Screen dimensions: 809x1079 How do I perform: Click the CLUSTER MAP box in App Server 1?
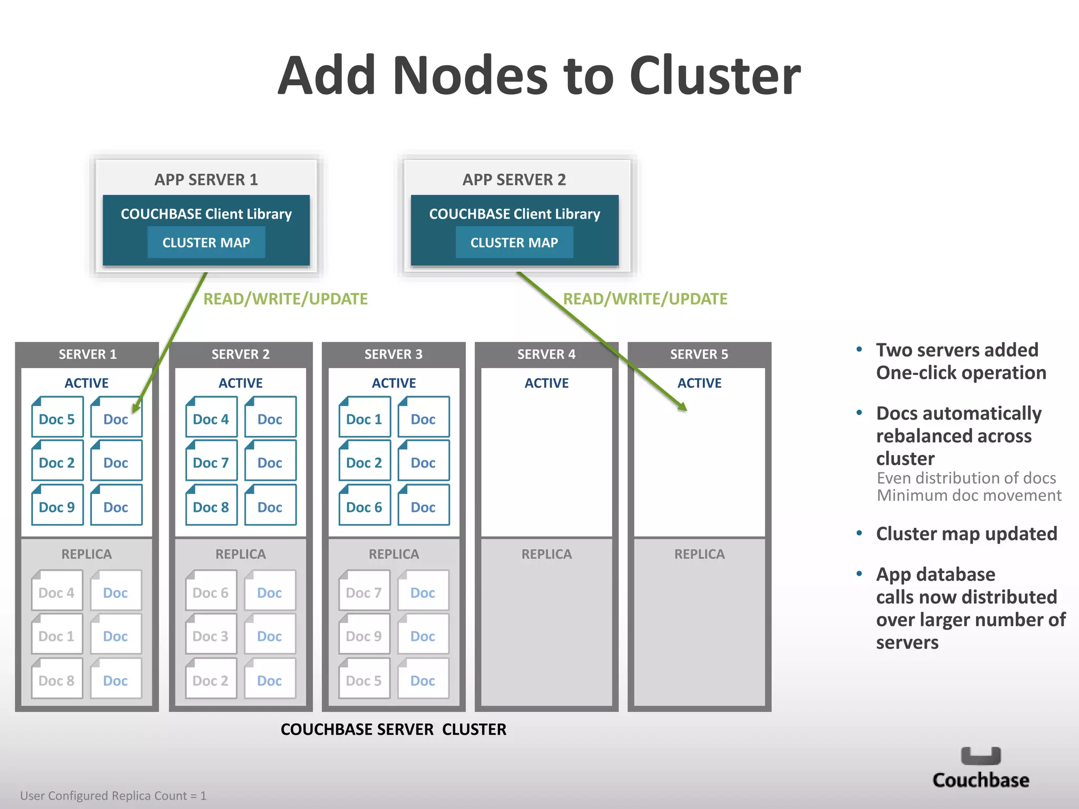[206, 242]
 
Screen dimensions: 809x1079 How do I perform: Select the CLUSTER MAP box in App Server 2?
[514, 242]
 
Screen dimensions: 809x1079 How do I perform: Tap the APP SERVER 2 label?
[514, 180]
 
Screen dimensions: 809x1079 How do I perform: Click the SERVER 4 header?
[546, 354]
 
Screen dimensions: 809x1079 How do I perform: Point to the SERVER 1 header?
[87, 354]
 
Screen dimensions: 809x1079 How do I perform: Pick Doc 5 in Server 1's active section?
[57, 419]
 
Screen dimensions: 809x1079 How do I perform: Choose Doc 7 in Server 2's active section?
[211, 462]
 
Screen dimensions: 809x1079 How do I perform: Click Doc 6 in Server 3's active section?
[364, 507]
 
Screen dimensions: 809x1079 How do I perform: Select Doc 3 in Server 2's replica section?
[211, 636]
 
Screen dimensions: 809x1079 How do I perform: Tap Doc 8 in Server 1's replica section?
[57, 680]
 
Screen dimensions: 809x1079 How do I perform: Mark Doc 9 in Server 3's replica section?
[364, 636]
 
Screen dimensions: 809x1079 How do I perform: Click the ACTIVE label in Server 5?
[699, 383]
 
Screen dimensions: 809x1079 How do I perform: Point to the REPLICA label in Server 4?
[546, 554]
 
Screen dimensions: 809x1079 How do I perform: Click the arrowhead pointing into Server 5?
[683, 407]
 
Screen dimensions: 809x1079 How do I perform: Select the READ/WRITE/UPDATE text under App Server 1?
[286, 299]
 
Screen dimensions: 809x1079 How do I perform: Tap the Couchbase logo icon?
[980, 756]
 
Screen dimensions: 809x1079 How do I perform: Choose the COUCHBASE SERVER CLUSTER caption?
[393, 729]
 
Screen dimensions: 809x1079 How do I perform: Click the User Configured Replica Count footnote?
[113, 795]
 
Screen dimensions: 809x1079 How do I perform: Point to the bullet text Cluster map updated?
[966, 534]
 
